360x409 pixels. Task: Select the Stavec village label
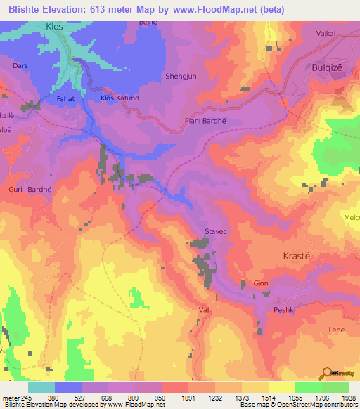[x=215, y=230]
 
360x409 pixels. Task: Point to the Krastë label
[x=296, y=257]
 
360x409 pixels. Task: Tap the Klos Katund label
[x=120, y=98]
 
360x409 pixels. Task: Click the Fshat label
[x=65, y=100]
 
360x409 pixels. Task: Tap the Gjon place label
[x=260, y=283]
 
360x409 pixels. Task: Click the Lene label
[x=336, y=329]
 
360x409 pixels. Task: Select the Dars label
[x=20, y=65]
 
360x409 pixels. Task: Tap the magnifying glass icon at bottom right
[x=327, y=372]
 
